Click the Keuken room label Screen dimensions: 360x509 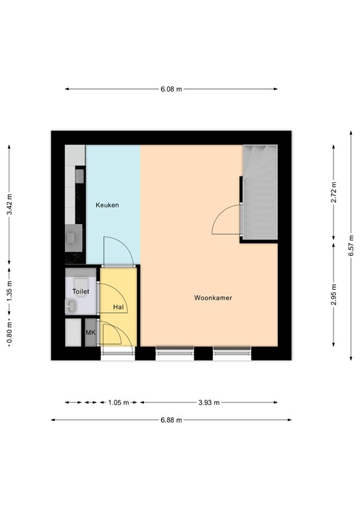tap(107, 205)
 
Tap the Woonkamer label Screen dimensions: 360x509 tap(213, 298)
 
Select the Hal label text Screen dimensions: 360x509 tap(119, 307)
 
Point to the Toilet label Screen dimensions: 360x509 tap(80, 291)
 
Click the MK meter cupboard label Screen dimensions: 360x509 tap(91, 333)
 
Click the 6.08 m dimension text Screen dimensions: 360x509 tap(171, 89)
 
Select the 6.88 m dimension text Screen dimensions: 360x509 tap(171, 420)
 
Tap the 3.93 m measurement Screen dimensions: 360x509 tap(209, 402)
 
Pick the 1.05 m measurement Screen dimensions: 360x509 tap(119, 402)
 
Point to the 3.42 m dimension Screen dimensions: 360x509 tap(9, 204)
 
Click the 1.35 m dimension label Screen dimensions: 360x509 tap(9, 290)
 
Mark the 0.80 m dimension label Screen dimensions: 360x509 tap(9, 332)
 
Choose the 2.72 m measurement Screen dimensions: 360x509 tap(333, 192)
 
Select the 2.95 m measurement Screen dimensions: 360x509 tap(333, 295)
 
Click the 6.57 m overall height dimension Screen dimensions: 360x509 tap(351, 245)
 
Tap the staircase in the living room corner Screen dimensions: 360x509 tap(260, 192)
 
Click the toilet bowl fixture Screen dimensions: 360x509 tap(81, 282)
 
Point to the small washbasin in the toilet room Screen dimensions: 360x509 tap(71, 306)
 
